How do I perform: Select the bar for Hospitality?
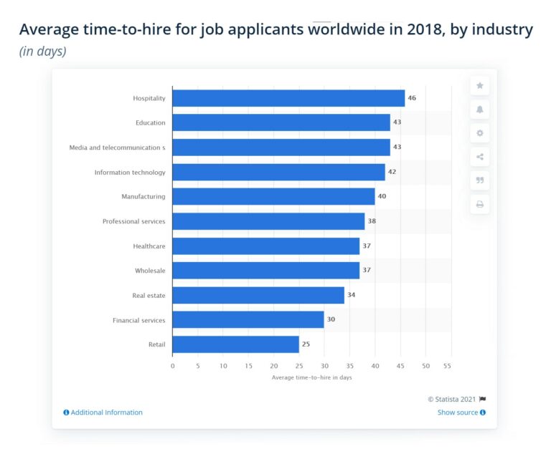[288, 98]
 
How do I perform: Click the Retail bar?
[235, 344]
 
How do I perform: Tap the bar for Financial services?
[248, 320]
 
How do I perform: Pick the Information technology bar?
[278, 172]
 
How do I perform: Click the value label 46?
[412, 98]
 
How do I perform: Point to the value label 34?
[352, 295]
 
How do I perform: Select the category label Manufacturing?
[143, 197]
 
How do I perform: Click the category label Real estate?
[149, 295]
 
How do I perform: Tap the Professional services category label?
[133, 221]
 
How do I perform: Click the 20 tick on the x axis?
[274, 365]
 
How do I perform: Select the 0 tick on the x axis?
[173, 365]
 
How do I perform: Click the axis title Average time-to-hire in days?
[311, 377]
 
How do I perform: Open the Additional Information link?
[103, 412]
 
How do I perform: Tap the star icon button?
[480, 85]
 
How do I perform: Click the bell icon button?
[480, 109]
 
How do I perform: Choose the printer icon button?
[480, 204]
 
